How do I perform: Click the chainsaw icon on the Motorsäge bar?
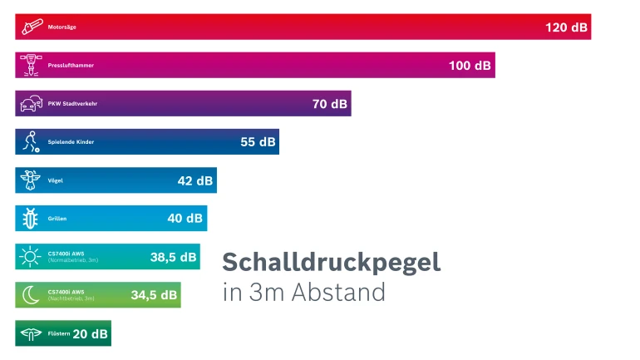[31, 27]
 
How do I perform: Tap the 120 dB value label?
[566, 27]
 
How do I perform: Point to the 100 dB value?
[470, 66]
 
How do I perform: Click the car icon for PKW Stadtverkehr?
[31, 104]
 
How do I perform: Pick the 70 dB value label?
[330, 104]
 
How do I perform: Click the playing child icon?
[31, 142]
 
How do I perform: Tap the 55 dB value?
[258, 142]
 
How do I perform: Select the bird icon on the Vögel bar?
[31, 180]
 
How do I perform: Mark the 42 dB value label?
[194, 180]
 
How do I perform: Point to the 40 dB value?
[185, 219]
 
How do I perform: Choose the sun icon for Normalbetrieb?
[31, 257]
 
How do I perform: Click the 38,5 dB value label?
[173, 257]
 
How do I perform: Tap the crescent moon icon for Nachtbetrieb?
[31, 295]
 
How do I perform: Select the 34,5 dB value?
[154, 295]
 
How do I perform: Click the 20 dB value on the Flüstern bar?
[90, 333]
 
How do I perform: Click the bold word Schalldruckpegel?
[331, 262]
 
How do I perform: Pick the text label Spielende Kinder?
[71, 142]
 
